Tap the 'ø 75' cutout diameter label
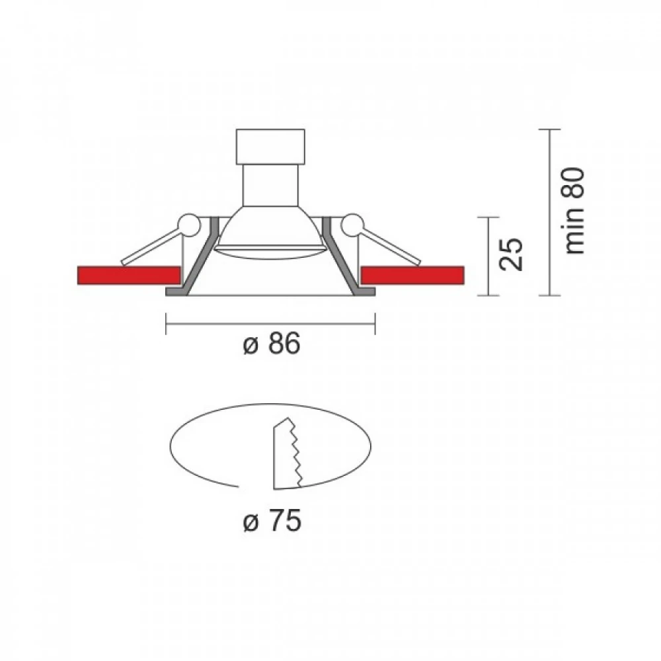[272, 520]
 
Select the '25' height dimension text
[510, 254]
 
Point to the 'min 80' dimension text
[574, 211]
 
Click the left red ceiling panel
[129, 275]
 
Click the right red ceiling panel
[412, 275]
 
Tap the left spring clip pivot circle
[188, 225]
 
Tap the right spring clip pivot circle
[352, 225]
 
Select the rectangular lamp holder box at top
[270, 147]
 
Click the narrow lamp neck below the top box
[270, 186]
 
